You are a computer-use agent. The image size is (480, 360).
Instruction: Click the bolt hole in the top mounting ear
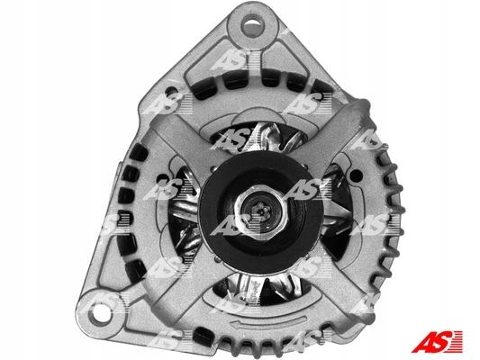(252, 26)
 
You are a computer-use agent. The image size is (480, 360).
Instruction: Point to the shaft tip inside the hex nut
(260, 211)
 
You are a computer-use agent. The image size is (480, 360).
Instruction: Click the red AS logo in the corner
(437, 341)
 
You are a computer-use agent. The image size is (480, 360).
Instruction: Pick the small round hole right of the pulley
(356, 175)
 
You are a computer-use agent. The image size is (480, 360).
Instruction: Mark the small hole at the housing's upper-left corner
(171, 92)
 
